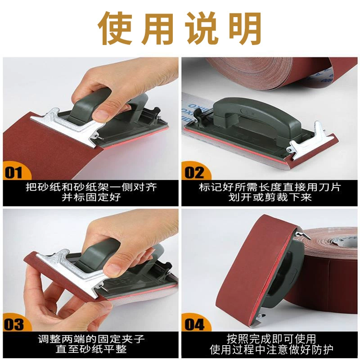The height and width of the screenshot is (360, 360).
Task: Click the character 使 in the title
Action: pos(116,28)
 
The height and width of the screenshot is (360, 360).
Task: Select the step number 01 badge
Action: pos(14,172)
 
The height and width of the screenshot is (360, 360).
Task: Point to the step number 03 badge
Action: pos(14,324)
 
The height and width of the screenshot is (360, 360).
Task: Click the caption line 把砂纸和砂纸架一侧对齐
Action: pos(91,187)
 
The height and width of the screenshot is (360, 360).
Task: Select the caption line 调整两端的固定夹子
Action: pos(91,339)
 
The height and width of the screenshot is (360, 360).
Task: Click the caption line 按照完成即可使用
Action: pos(271,339)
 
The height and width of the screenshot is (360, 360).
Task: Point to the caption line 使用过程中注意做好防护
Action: pos(271,350)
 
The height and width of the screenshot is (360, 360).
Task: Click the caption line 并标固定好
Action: pos(91,198)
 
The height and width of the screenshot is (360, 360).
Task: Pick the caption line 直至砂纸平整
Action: pos(91,350)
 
